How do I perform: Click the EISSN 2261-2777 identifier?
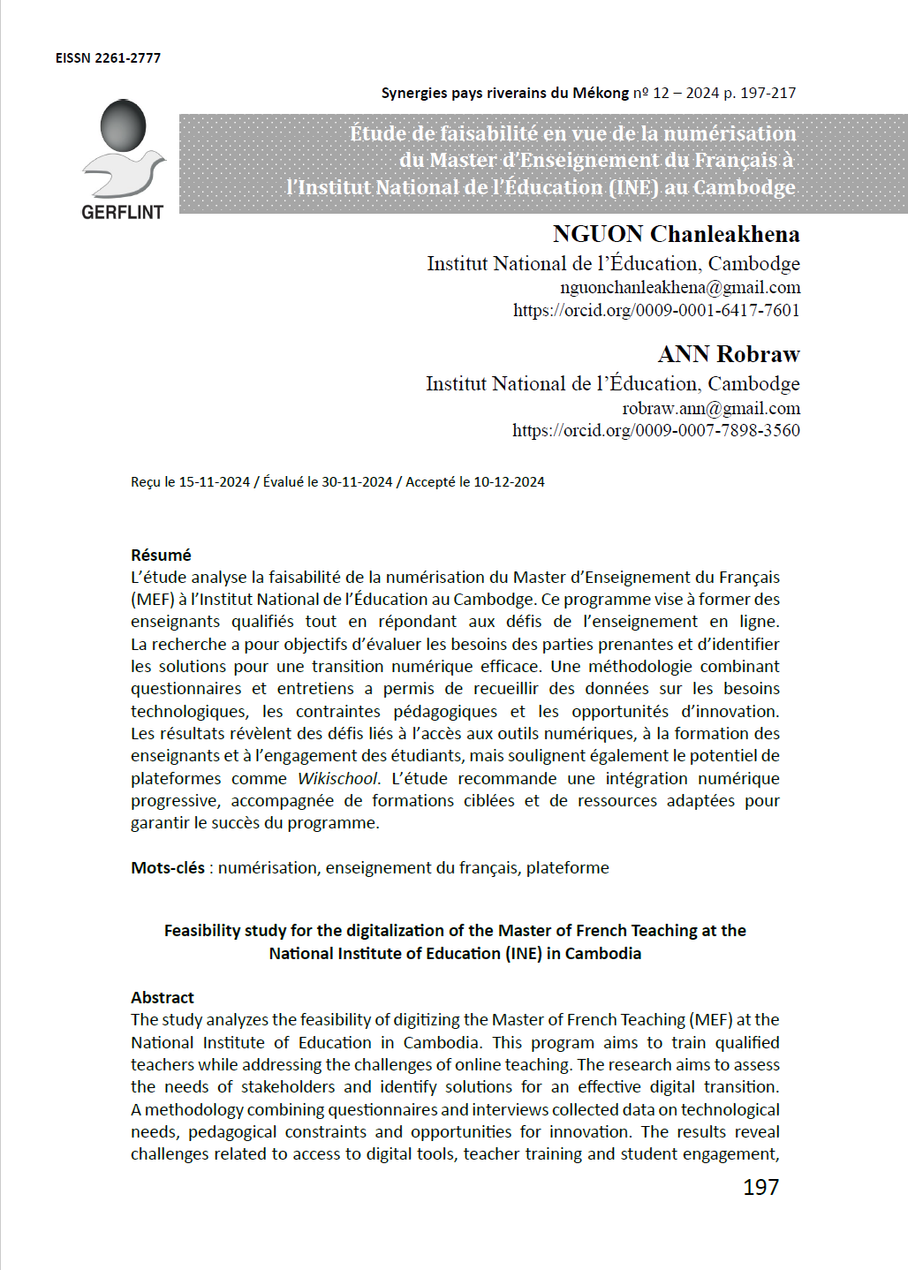(x=108, y=58)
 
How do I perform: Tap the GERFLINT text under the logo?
(x=122, y=213)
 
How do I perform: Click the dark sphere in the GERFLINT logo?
(x=123, y=125)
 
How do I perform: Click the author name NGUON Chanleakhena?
(x=676, y=234)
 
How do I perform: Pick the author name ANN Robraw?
(x=729, y=354)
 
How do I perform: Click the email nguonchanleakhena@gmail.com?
(x=680, y=287)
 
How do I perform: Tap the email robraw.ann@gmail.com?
(x=711, y=408)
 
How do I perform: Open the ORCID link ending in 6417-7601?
(x=656, y=310)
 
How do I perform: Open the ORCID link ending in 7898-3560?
(x=655, y=430)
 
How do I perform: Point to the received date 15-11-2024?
(x=215, y=482)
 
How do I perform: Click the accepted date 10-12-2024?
(x=509, y=482)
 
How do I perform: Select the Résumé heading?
(x=161, y=555)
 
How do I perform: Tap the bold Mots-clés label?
(x=168, y=867)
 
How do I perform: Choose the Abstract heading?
(x=163, y=997)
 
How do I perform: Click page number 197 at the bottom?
(x=760, y=1187)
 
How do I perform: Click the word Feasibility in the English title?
(x=202, y=930)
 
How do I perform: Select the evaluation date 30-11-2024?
(x=357, y=482)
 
